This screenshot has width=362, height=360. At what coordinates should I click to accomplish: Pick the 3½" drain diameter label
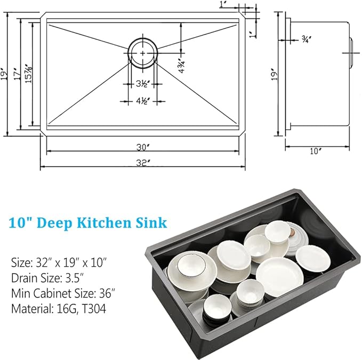[x=142, y=84]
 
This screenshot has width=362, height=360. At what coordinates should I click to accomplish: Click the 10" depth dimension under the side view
[x=316, y=151]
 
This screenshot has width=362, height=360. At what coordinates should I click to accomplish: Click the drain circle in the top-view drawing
[x=142, y=53]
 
